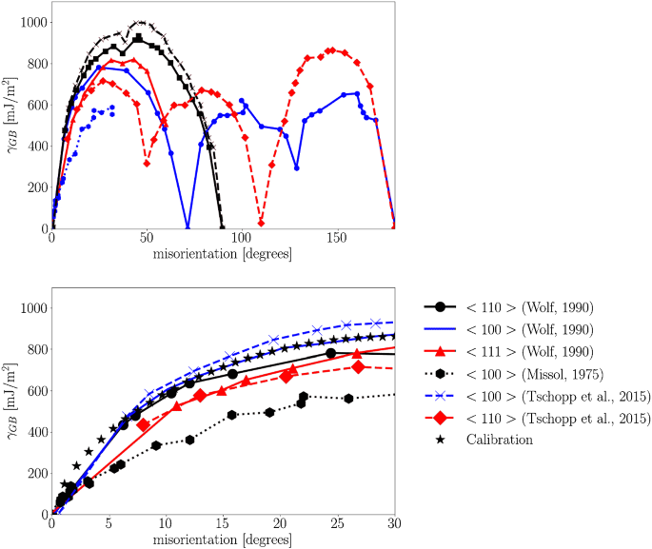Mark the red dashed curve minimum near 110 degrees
261,223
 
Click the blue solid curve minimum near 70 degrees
188,227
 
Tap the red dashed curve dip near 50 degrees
147,164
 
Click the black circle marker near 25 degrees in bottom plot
331,353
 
